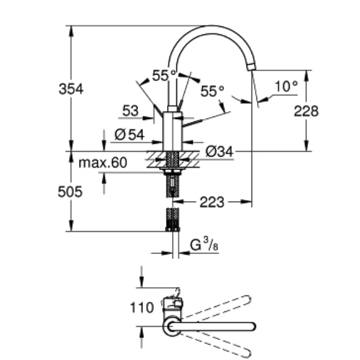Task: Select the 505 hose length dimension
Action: [70, 192]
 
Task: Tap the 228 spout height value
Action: [306, 112]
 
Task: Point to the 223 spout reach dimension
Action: [211, 202]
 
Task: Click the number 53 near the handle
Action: [129, 111]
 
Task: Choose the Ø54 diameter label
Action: [129, 134]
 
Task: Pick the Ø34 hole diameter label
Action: [219, 151]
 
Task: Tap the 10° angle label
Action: [285, 86]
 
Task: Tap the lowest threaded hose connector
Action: [173, 219]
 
